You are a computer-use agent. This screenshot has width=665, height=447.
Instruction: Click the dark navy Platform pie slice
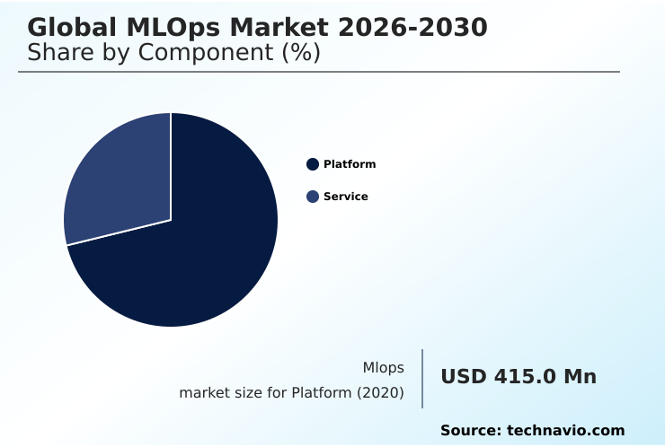coord(198,251)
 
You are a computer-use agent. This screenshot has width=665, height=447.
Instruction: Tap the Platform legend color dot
coord(313,164)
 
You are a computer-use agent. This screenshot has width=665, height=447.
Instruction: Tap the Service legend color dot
coord(313,197)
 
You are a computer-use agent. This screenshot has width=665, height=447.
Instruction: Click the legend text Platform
coord(350,164)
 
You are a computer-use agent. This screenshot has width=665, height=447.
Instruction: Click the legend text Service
coord(346,197)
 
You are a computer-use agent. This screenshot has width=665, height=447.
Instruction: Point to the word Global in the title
coord(68,28)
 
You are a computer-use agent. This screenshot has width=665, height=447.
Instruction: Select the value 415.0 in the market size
coord(524,377)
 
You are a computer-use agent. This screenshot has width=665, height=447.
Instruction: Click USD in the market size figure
coord(464,377)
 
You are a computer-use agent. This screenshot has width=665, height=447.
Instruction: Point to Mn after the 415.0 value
coord(580,377)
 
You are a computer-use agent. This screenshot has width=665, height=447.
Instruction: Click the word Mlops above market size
coord(383,368)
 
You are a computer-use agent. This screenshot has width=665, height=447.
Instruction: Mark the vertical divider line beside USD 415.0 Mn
coord(422,379)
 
